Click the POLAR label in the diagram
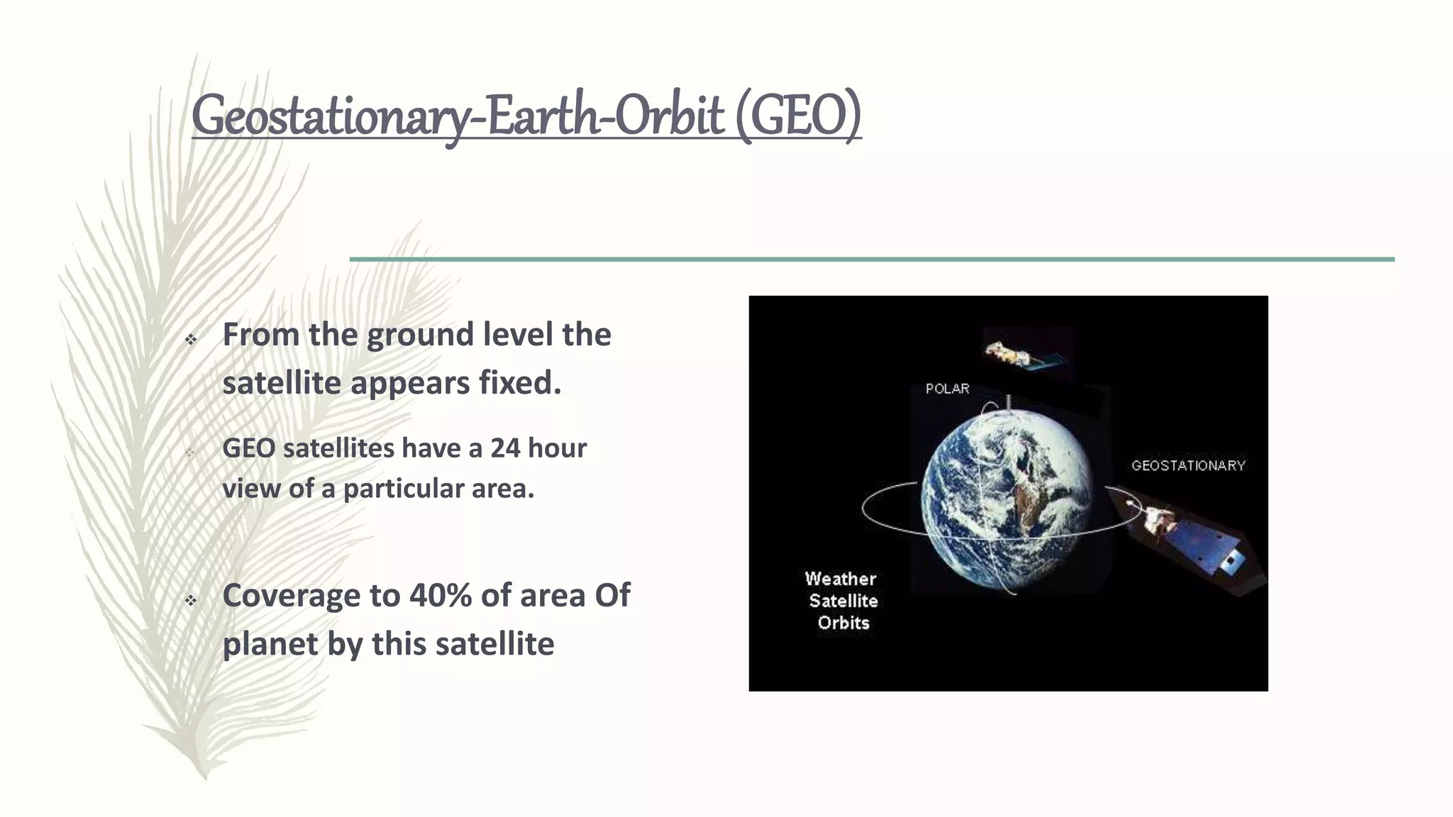coord(947,389)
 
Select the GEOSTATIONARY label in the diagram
coord(1188,466)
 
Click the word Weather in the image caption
coord(841,579)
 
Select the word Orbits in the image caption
coord(844,623)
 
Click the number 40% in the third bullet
coord(440,595)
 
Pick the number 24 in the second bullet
coord(506,448)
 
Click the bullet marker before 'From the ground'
coord(190,340)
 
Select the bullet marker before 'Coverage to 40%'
coord(190,601)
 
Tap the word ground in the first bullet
coord(419,335)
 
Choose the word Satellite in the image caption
coord(844,601)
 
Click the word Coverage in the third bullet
coord(291,595)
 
